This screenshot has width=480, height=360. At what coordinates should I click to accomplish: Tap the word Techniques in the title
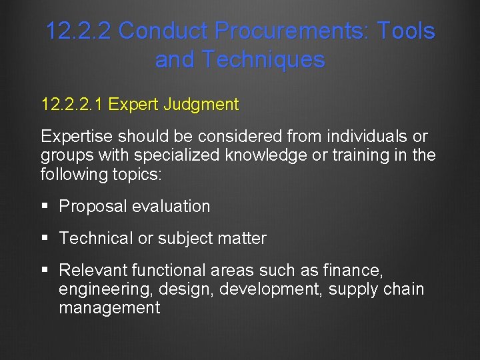(x=263, y=60)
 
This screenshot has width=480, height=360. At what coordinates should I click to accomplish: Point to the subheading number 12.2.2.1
(x=72, y=105)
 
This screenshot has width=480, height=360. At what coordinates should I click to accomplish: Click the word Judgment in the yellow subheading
(x=205, y=105)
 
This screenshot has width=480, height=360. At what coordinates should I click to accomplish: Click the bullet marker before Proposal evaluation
(x=45, y=207)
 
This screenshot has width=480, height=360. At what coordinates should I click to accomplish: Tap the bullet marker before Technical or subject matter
(x=45, y=239)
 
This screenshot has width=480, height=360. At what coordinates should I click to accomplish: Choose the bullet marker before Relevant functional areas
(x=45, y=271)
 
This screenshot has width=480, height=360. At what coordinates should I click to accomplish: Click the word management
(x=109, y=308)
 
